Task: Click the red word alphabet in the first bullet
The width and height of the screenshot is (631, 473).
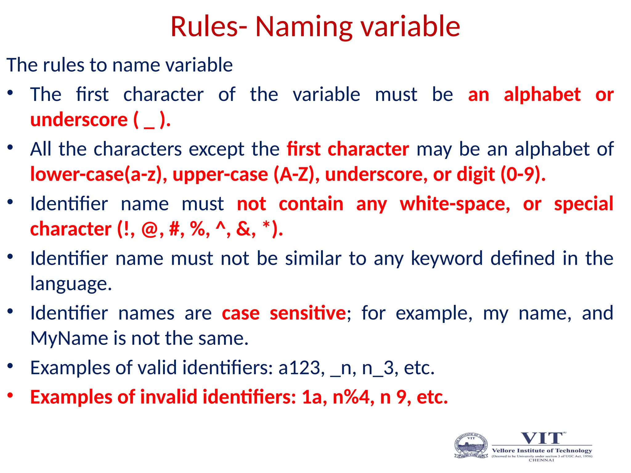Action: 542,95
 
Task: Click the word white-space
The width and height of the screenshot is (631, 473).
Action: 455,204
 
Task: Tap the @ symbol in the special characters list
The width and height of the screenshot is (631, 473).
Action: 149,229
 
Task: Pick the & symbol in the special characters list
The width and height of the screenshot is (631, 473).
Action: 243,229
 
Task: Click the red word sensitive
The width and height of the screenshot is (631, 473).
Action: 308,313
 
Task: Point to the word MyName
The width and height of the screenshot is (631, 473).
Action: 69,338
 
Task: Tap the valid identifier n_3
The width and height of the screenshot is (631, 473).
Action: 378,368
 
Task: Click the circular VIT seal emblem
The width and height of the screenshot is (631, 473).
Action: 471,446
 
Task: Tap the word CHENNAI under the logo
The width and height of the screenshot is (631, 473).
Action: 541,460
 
